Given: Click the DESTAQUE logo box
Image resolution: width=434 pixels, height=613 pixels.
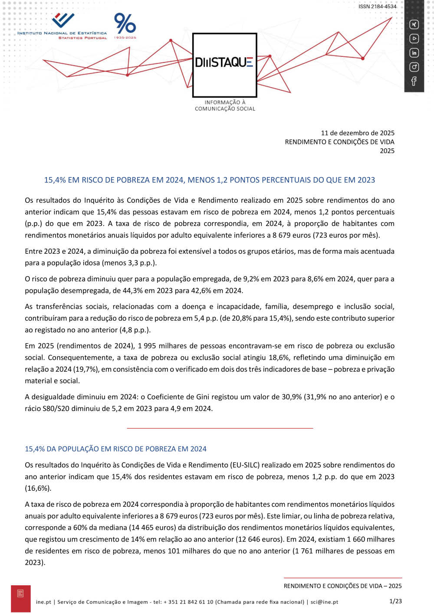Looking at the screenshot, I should click(224, 65).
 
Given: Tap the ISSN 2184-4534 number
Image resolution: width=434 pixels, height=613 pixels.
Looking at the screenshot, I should click(377, 7).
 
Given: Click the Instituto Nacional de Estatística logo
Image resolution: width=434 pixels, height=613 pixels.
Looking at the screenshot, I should click(62, 26).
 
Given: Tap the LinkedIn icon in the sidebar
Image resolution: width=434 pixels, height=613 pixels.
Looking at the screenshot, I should click(414, 53).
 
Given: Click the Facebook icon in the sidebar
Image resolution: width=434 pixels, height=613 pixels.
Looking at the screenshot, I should click(414, 81).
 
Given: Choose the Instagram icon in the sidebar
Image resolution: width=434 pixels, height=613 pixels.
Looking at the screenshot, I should click(414, 67).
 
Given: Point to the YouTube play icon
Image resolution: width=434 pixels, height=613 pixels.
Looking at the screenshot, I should click(414, 39).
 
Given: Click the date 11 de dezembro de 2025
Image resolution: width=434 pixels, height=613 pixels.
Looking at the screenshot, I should click(358, 133).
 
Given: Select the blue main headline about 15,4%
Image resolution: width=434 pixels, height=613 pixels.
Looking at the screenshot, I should click(210, 180).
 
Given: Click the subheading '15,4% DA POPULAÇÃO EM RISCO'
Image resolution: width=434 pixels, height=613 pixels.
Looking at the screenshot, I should click(115, 449).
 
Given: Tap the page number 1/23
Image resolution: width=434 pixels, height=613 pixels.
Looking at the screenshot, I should click(395, 601).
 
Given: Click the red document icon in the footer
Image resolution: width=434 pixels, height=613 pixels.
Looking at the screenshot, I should click(20, 594).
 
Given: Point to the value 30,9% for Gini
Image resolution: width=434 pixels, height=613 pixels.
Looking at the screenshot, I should click(292, 397).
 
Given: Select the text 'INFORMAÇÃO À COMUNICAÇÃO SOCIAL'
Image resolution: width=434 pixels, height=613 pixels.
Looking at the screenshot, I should click(225, 105).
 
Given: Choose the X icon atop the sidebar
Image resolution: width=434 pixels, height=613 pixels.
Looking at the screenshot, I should click(414, 25).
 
